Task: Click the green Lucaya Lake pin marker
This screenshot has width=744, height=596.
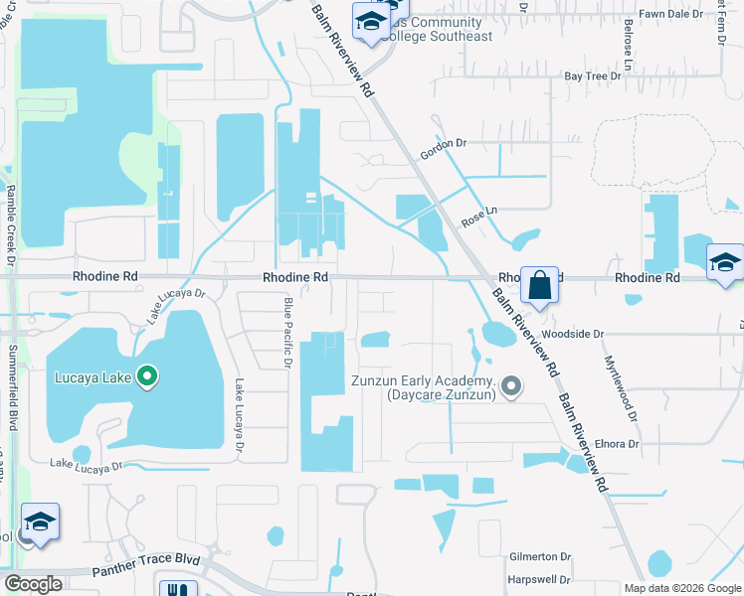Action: [x=148, y=376]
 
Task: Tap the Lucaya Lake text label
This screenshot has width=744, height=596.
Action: [x=94, y=377]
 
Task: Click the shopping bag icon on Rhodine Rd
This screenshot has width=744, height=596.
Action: [x=538, y=285]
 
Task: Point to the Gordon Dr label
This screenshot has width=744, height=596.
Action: [x=444, y=144]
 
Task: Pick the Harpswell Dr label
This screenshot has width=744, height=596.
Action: [x=539, y=579]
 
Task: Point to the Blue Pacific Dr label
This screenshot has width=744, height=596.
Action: [x=287, y=333]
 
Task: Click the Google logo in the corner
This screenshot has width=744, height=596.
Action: [x=34, y=584]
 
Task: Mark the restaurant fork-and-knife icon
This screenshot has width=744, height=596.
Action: [x=177, y=589]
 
